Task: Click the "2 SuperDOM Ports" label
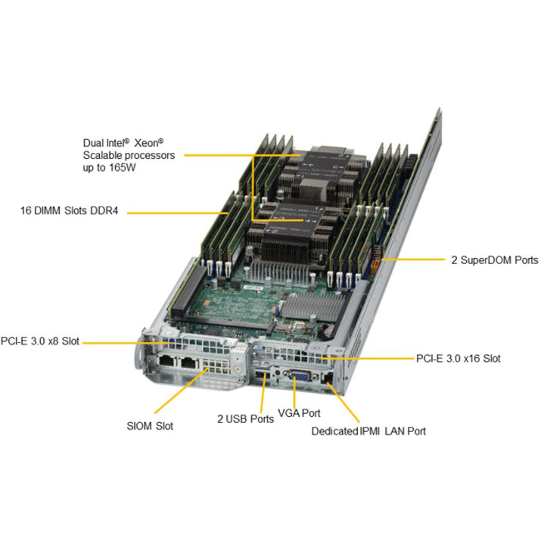coord(494,260)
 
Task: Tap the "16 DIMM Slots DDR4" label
coord(69,210)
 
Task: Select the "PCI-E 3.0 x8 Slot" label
coord(40,341)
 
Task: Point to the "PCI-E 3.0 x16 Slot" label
coord(459,359)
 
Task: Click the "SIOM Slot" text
coord(150,426)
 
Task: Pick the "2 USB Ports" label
coord(245,419)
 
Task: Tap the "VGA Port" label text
coord(299,413)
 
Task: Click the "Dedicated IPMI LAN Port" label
coord(368,431)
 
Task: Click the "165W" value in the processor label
coord(123,168)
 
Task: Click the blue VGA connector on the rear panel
coord(300,376)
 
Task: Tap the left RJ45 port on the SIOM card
coord(167,361)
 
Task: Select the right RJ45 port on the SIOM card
coord(189,362)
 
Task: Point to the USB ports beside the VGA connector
coord(262,375)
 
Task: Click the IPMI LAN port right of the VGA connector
coord(327,378)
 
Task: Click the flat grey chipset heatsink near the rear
coord(311,306)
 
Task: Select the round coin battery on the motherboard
coord(328,332)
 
